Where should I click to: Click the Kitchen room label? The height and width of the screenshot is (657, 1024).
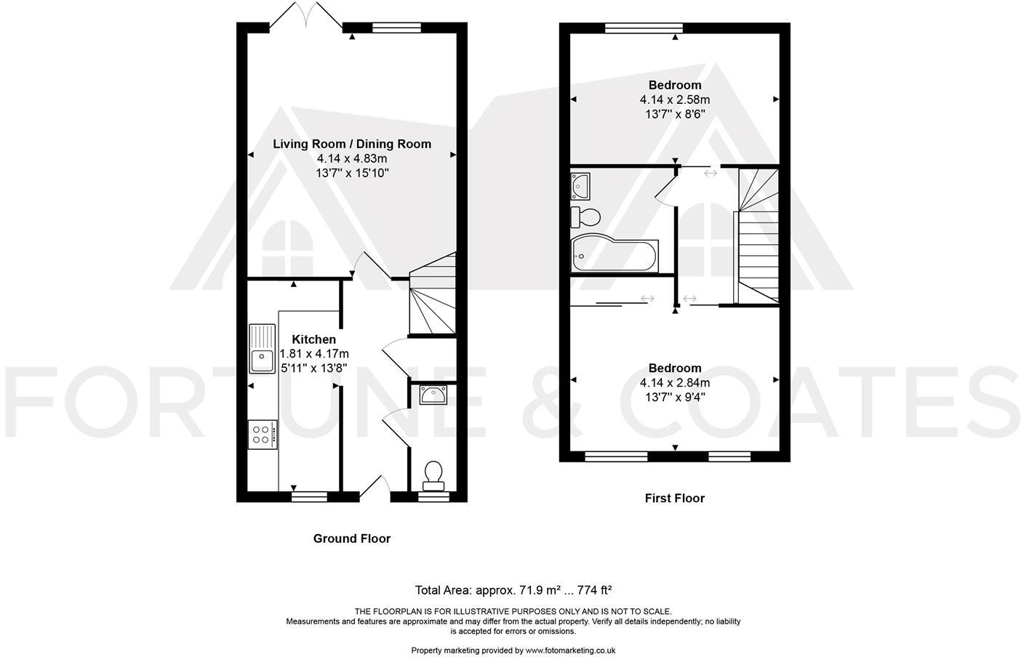pos(313,339)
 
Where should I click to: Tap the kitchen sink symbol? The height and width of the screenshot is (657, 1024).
pos(261,348)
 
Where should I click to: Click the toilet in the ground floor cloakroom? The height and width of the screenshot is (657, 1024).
pos(434,472)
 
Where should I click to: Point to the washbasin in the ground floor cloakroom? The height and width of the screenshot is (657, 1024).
pos(433,395)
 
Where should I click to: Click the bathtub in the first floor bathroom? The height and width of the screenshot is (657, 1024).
pos(615,254)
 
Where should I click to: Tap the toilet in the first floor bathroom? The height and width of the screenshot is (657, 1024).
pos(586,216)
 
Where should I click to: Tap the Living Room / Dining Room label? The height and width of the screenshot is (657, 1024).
pos(352,144)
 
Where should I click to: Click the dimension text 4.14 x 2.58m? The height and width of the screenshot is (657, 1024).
pos(675,100)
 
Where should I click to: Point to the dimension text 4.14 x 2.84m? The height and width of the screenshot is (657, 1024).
pos(675,383)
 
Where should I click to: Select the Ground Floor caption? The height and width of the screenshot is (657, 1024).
pos(352,539)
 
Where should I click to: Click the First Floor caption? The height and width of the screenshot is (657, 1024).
pos(675,498)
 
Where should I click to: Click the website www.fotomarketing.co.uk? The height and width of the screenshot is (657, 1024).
pos(571,650)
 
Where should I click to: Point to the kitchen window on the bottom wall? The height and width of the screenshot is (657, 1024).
pos(309,497)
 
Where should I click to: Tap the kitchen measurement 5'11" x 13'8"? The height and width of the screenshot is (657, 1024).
pos(313,368)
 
